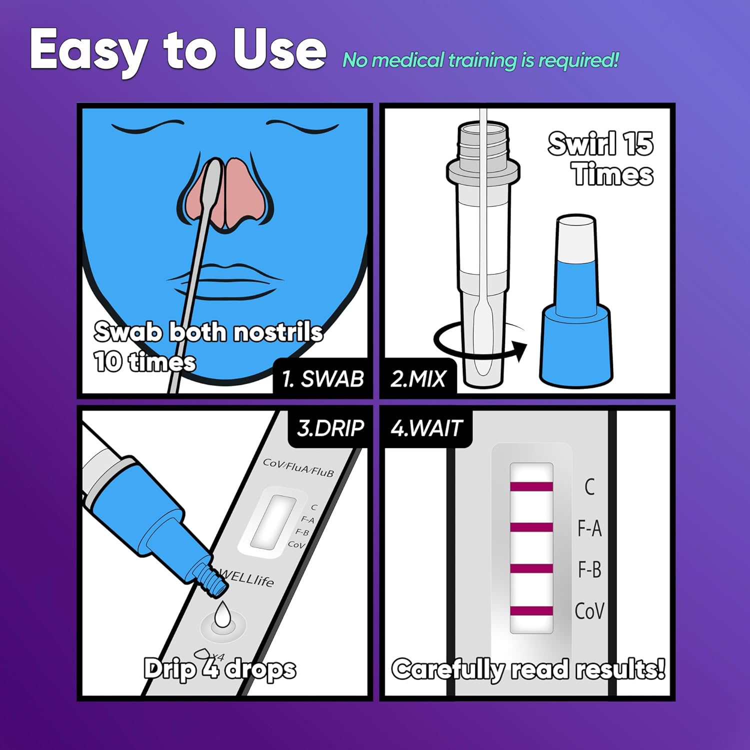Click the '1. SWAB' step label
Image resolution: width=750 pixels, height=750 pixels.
tap(323, 378)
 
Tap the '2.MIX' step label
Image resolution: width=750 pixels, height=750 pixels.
tap(418, 378)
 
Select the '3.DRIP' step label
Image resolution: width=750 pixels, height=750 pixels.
tap(330, 428)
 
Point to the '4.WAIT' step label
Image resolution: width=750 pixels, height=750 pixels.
tap(426, 428)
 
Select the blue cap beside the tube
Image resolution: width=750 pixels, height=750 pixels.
tap(576, 300)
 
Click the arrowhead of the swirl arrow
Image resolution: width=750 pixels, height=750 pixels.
tap(519, 350)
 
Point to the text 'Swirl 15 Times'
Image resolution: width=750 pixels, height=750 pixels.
tap(601, 158)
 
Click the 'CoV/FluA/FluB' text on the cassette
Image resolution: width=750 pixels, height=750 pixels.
tap(298, 467)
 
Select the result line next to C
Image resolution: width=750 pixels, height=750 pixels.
tap(531, 486)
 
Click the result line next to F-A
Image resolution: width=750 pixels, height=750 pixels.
tap(531, 527)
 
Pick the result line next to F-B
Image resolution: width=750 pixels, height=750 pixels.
tap(531, 568)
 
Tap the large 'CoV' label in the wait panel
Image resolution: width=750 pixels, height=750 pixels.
tap(589, 611)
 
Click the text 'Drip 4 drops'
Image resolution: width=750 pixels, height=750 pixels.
tap(220, 669)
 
